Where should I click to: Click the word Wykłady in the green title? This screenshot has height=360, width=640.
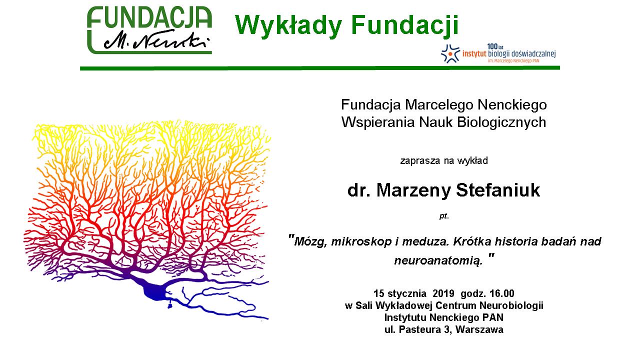288,25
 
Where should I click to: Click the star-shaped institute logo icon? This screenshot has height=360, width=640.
450,53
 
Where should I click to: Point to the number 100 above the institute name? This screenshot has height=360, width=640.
492,46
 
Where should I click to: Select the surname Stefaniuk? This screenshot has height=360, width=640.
498,190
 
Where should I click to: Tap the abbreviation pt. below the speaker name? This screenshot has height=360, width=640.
444,216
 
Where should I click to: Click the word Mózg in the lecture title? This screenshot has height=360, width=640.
310,242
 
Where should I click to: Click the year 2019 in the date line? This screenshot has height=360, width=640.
443,293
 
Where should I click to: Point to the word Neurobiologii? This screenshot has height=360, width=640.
511,305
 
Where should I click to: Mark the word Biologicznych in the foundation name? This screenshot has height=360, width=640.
501,122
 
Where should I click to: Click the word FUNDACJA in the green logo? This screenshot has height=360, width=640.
149,17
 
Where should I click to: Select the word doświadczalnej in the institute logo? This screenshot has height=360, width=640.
533,53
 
